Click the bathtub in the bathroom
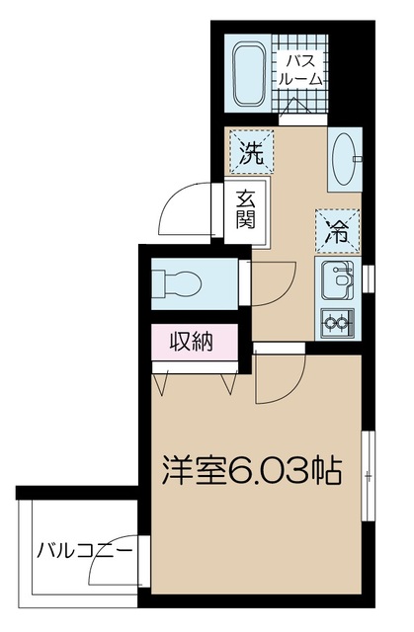(x=248, y=74)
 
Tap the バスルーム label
(x=300, y=70)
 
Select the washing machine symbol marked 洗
(x=252, y=153)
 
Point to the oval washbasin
(x=344, y=159)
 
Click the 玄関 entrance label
(x=245, y=209)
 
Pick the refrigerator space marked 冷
(x=337, y=232)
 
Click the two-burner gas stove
(x=337, y=323)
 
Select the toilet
(x=177, y=283)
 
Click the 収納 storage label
(x=191, y=342)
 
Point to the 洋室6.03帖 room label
(x=252, y=470)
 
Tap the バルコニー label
(x=84, y=551)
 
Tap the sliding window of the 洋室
(x=368, y=476)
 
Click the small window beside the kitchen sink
(x=369, y=278)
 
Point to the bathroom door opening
(x=303, y=119)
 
